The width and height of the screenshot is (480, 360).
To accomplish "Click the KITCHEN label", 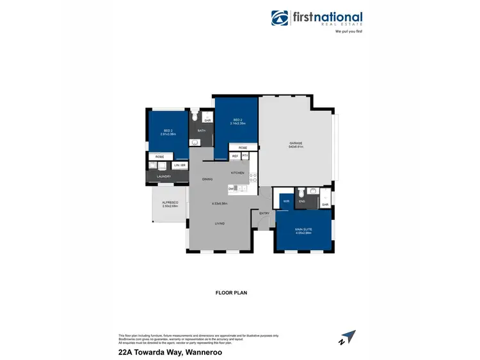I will coord(238,173).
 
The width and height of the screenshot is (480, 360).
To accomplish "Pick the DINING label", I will coord(207,180).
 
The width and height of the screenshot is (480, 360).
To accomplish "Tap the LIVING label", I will coord(220,223).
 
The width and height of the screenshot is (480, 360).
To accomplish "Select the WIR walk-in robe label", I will coord(285,201).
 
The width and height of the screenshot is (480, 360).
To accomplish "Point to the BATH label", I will coord(201,130).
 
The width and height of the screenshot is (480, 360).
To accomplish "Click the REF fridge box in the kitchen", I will coord(235,156).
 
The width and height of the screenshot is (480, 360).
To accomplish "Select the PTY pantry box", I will coord(244,156).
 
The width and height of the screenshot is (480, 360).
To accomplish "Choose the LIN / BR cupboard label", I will coord(179,166).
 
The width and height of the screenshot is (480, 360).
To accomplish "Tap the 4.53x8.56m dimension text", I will coord(220,204).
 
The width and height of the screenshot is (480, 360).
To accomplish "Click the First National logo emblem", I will coord(280,18).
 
